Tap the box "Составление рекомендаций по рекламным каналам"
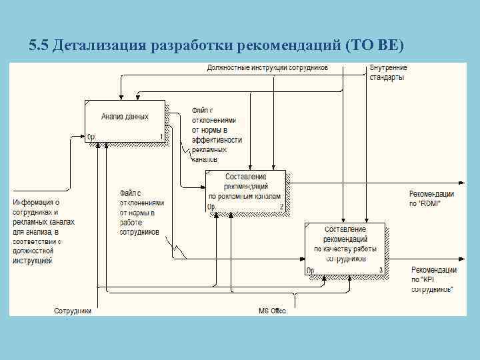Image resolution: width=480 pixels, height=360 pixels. tap(246, 191)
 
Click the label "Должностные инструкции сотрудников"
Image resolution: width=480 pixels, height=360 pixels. tap(267, 68)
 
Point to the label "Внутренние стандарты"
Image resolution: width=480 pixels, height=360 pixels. tap(388, 72)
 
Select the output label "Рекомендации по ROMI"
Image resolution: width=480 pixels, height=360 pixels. tap(431, 199)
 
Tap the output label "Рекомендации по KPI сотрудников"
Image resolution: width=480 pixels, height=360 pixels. tap(433, 279)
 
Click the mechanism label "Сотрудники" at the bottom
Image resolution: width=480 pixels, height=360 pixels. tap(73, 311)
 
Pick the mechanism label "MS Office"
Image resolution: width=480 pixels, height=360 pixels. tap(272, 311)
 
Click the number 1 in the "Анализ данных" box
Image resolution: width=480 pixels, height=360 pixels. tap(161, 137)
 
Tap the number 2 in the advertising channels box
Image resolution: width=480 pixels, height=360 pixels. tap(281, 207)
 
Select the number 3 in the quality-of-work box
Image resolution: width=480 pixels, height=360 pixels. tap(380, 270)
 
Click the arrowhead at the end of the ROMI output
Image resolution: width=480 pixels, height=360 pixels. tap(462, 181)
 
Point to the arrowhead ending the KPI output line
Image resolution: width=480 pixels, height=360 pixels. tap(462, 259)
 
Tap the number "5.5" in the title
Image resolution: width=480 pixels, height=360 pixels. tap(39, 45)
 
